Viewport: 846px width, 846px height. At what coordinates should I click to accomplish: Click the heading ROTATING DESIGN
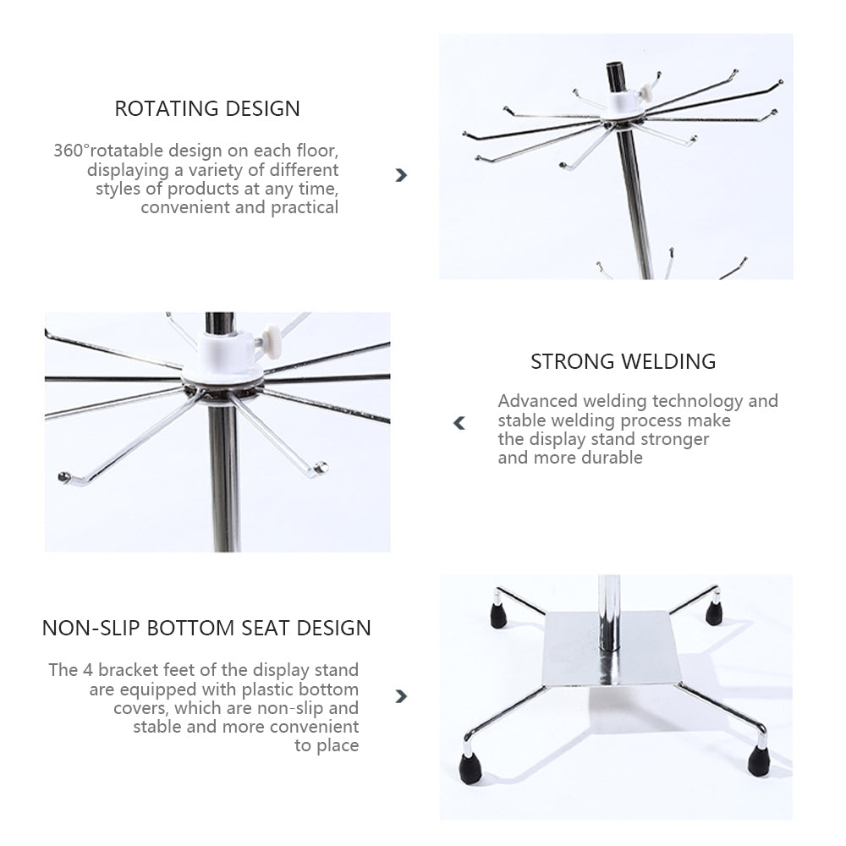[207, 108]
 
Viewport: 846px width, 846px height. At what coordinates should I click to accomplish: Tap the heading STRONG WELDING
[624, 361]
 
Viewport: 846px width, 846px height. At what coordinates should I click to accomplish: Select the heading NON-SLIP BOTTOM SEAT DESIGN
[206, 628]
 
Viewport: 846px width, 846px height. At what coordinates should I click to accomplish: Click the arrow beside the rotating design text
[401, 175]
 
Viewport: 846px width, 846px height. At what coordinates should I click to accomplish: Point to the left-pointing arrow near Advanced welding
[459, 423]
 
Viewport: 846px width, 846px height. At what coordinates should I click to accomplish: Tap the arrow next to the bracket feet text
[401, 696]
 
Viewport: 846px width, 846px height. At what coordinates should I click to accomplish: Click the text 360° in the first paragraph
[71, 150]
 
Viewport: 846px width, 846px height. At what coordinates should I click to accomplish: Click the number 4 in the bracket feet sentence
[87, 670]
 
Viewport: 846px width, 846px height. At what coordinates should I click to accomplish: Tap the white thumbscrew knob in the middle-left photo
[271, 342]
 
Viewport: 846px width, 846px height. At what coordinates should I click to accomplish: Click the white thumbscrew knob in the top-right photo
[645, 93]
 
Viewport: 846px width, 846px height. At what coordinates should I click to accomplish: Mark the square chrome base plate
[613, 649]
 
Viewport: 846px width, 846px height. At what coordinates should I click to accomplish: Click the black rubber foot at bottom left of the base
[471, 768]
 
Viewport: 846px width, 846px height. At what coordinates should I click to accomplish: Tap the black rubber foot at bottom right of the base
[759, 761]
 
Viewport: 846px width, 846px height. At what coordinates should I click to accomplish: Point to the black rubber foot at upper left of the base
[498, 616]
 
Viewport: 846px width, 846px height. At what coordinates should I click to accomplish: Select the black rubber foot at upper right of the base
[714, 613]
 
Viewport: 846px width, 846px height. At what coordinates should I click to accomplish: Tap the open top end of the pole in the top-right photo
[616, 67]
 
